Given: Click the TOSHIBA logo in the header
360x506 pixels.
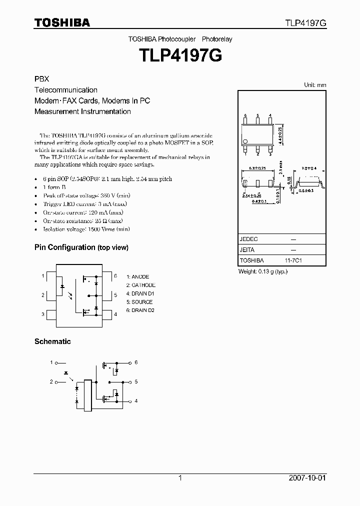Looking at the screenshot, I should (x=61, y=22).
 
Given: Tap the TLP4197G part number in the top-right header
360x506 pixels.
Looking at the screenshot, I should (x=305, y=23).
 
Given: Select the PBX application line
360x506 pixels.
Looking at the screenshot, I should (x=41, y=79).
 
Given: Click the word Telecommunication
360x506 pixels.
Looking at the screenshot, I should (x=65, y=90).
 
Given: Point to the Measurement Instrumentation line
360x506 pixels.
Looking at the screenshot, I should (x=82, y=111).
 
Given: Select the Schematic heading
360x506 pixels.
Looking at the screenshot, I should (x=52, y=341).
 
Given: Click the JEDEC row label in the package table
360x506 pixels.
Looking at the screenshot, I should (x=249, y=239).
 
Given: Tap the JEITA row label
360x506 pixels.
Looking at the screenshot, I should (x=247, y=249).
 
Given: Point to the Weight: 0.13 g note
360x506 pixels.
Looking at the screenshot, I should (x=262, y=271).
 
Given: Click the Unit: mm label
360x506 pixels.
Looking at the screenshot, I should (x=315, y=85).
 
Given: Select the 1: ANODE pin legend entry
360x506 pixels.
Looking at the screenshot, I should (x=137, y=276).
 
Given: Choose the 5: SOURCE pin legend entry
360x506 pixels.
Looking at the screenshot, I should (x=139, y=302).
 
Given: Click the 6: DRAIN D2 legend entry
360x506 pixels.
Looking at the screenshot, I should (x=140, y=310).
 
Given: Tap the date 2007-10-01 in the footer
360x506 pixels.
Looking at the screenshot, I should (x=307, y=478).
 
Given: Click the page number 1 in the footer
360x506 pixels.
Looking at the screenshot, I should (x=180, y=478).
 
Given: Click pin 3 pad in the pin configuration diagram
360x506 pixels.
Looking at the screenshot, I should (x=50, y=314).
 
